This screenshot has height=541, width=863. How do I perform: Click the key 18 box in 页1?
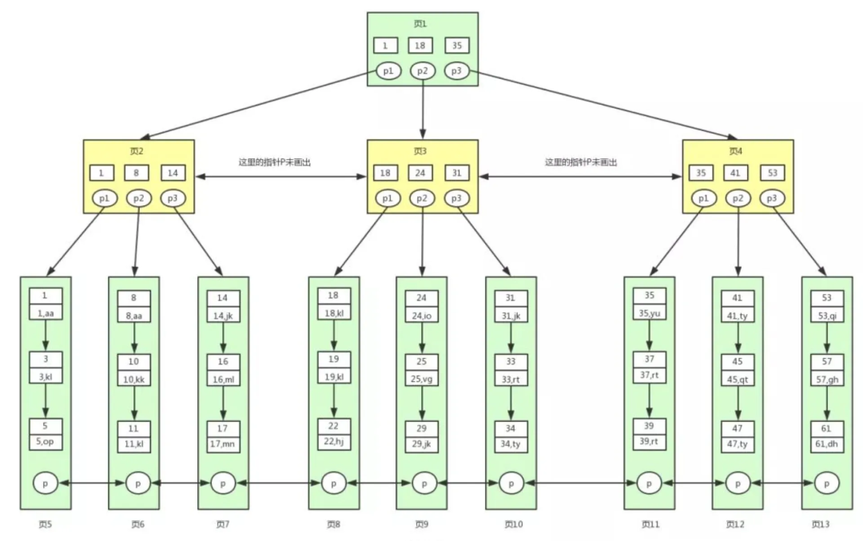pyautogui.click(x=421, y=46)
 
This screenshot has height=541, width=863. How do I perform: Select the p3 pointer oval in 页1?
pyautogui.click(x=456, y=71)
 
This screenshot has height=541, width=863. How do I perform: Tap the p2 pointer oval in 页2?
pyautogui.click(x=137, y=197)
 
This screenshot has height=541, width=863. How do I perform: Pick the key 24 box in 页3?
pyautogui.click(x=421, y=173)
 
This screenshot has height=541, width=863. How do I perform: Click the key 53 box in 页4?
pyautogui.click(x=773, y=173)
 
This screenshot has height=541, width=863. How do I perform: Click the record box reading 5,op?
pyautogui.click(x=46, y=440)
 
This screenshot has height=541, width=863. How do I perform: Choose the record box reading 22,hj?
pyautogui.click(x=333, y=440)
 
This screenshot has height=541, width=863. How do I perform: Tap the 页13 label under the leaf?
pyautogui.click(x=821, y=525)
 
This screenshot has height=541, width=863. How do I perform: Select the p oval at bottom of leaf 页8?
pyautogui.click(x=334, y=483)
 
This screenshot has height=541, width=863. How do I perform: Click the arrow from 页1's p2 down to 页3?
pyautogui.click(x=422, y=108)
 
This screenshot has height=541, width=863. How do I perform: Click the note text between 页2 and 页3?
pyautogui.click(x=275, y=161)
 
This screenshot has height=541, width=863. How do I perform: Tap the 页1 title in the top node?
pyautogui.click(x=420, y=24)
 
